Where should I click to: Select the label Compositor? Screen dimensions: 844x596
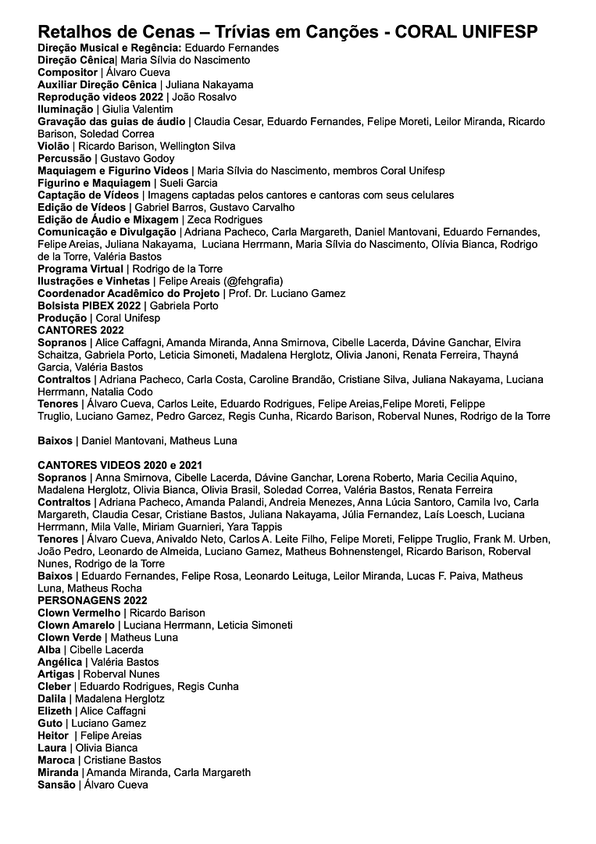click(x=68, y=72)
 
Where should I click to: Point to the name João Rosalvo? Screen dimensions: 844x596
click(x=204, y=97)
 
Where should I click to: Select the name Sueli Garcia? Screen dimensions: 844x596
click(x=188, y=182)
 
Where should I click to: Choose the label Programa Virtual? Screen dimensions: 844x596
click(x=80, y=269)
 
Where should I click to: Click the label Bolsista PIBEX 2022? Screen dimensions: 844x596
click(x=89, y=306)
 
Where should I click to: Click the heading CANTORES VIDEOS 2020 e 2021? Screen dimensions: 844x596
click(x=120, y=465)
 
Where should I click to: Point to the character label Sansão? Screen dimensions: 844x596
click(x=56, y=785)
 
